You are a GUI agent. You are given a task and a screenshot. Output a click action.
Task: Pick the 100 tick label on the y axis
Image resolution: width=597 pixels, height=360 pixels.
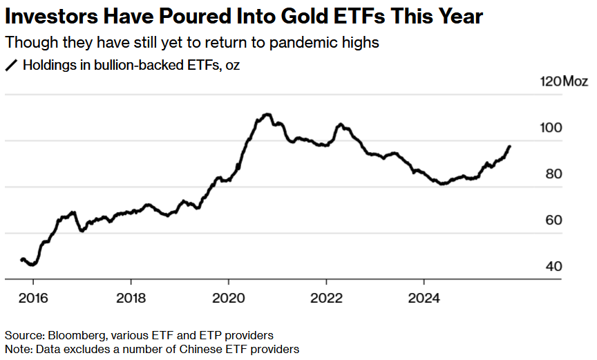(x=553, y=129)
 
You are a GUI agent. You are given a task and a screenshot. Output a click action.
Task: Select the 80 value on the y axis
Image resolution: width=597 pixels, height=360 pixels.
(x=553, y=175)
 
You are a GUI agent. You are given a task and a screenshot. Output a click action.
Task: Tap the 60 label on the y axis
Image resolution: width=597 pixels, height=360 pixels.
(x=553, y=221)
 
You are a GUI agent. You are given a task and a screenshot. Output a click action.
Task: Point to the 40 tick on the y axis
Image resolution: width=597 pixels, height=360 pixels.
(x=553, y=267)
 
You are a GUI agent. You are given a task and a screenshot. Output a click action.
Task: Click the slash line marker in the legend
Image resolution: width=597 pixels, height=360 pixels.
(x=11, y=66)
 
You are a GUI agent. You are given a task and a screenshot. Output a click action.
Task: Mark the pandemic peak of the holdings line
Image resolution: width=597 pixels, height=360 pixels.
(x=267, y=114)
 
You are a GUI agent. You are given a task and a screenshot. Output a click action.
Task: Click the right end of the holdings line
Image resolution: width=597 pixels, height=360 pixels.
(x=510, y=146)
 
